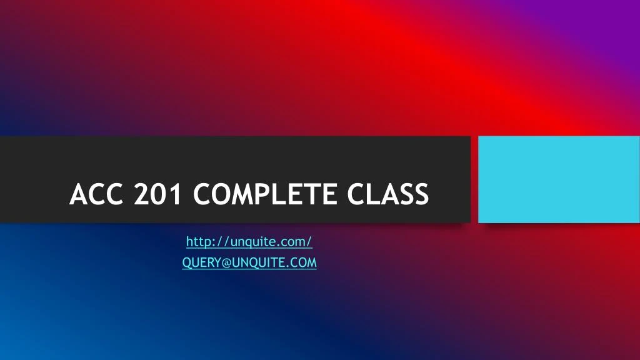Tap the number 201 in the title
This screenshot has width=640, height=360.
(157, 194)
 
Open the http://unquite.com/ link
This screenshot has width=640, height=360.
(249, 241)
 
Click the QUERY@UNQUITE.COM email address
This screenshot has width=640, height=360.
(249, 263)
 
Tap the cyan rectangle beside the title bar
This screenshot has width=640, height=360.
(559, 179)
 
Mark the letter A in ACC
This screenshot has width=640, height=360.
(78, 194)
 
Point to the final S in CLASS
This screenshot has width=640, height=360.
(421, 194)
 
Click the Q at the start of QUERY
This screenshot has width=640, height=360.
(186, 263)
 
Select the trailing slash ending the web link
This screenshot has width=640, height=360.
(310, 241)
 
